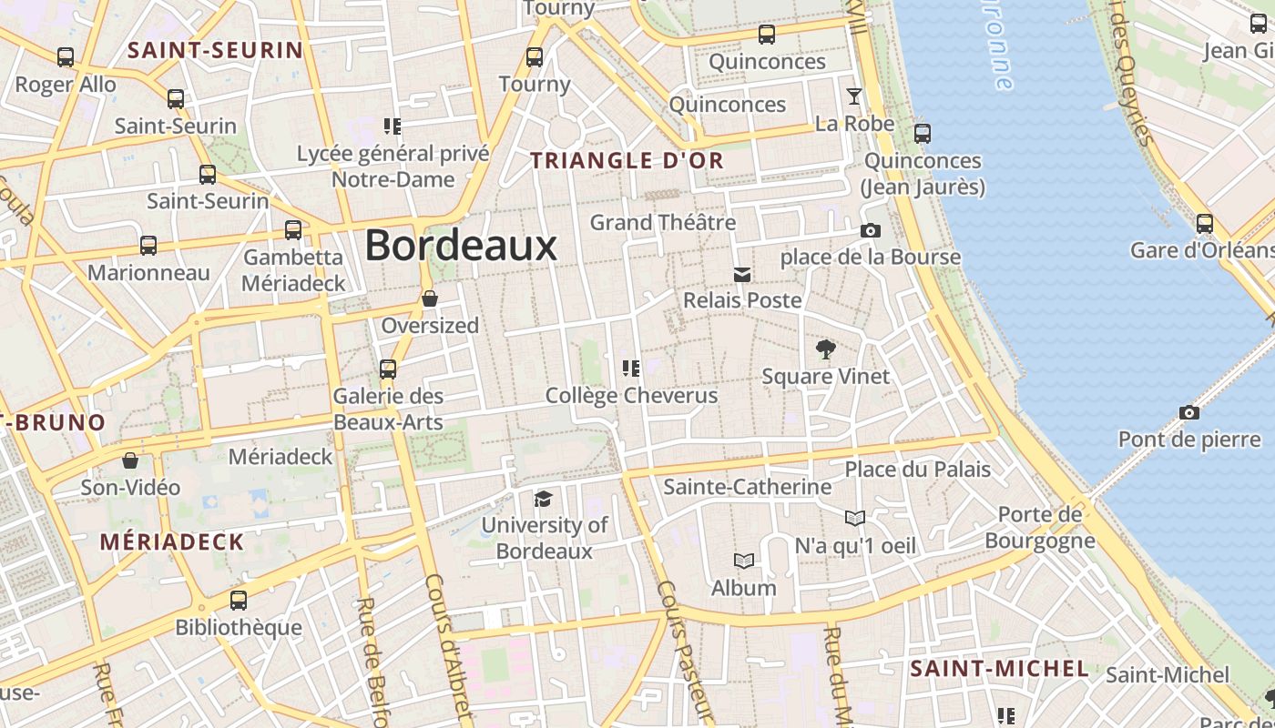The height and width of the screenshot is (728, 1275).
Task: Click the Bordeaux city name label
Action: (461, 246)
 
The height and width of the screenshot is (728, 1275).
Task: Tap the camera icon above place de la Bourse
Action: (871, 231)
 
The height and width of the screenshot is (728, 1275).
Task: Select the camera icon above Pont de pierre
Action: (1188, 413)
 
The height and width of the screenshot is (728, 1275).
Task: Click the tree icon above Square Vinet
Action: (826, 349)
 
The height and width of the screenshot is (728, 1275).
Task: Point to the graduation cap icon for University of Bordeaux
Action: (543, 499)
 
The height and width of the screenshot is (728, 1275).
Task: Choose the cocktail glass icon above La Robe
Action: (854, 96)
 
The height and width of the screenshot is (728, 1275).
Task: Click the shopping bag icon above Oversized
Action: (430, 298)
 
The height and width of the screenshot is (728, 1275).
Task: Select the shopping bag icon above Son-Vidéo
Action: (130, 460)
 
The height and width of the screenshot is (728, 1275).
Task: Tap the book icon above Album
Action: (744, 561)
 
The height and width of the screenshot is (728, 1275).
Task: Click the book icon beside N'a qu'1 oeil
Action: (854, 519)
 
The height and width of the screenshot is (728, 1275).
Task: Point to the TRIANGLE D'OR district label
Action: (627, 161)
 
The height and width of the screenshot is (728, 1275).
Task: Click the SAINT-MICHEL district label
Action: (999, 669)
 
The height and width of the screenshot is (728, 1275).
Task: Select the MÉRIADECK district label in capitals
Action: (172, 542)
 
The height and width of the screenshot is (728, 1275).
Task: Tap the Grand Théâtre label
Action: (662, 222)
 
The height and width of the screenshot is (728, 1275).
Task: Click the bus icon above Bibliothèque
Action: (239, 601)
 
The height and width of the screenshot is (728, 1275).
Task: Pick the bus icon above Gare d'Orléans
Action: (1205, 223)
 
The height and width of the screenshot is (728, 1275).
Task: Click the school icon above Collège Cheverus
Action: (630, 369)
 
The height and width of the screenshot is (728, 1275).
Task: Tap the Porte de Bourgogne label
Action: (1040, 527)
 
